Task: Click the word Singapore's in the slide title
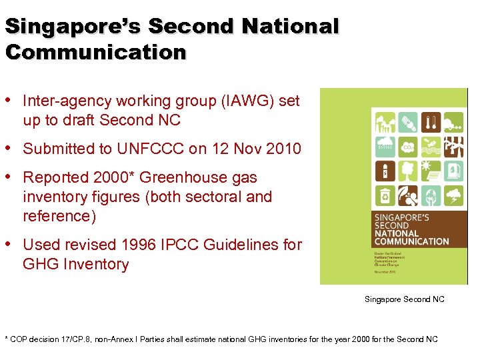[x=73, y=27]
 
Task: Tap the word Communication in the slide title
[x=96, y=52]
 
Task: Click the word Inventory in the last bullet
[x=95, y=264]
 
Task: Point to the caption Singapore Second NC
[x=404, y=299]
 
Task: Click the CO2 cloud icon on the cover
[x=408, y=146]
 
